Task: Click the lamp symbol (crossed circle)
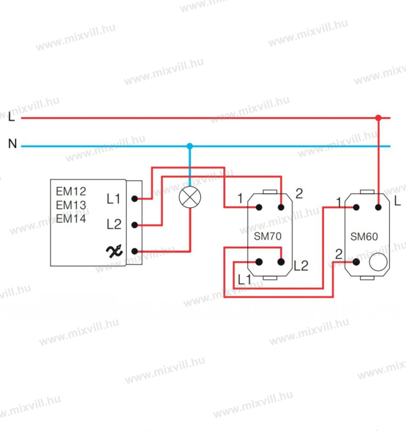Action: click(190, 197)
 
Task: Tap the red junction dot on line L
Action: click(378, 118)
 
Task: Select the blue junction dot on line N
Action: click(190, 146)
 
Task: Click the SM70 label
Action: click(268, 236)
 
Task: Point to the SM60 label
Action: click(364, 236)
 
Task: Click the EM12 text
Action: click(71, 192)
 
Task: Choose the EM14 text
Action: click(71, 219)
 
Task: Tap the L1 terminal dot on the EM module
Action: click(135, 198)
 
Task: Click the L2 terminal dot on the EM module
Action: click(135, 225)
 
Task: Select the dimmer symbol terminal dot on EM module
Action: click(135, 251)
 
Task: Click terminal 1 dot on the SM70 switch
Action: click(259, 207)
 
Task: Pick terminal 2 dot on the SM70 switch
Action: click(281, 207)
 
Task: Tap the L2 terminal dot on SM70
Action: click(281, 261)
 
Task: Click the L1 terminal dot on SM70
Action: click(259, 261)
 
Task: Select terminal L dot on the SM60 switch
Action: click(378, 207)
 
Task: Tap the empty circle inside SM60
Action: click(378, 262)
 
